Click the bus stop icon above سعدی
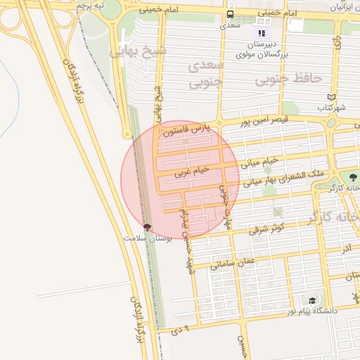click(x=230, y=14)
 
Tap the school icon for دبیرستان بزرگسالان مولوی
click(x=262, y=32)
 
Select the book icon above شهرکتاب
click(x=332, y=98)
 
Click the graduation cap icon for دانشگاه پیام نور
click(x=311, y=300)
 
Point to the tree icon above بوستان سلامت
click(x=147, y=226)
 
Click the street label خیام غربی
click(x=193, y=169)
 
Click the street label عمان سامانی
click(x=236, y=263)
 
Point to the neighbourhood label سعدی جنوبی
click(x=206, y=74)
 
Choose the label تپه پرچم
click(x=91, y=6)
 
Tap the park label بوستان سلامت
click(x=148, y=238)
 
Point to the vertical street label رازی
click(x=339, y=43)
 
